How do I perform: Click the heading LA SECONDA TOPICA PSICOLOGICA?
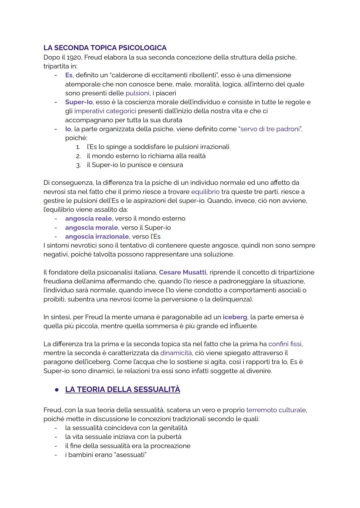click(x=105, y=48)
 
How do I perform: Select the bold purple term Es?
click(x=68, y=75)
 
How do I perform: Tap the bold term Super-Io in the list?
click(x=79, y=102)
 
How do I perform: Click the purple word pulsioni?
click(x=137, y=93)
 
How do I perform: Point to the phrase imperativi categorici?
click(x=105, y=111)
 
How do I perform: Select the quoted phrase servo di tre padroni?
click(x=270, y=129)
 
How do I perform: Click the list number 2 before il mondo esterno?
click(x=78, y=156)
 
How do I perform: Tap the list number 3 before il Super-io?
click(x=78, y=165)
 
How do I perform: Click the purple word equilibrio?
click(x=205, y=192)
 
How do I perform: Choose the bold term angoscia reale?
click(x=88, y=219)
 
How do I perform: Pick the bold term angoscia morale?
click(x=91, y=228)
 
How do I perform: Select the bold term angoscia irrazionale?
click(x=97, y=237)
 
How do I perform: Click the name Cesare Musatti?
click(x=183, y=272)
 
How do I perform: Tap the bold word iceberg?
click(x=235, y=317)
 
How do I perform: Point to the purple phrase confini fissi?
click(x=285, y=344)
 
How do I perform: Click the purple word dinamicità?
click(x=176, y=353)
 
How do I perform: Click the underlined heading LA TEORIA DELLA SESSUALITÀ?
click(x=123, y=389)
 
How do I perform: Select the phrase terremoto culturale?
click(x=276, y=410)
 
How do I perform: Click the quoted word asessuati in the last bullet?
click(x=130, y=455)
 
